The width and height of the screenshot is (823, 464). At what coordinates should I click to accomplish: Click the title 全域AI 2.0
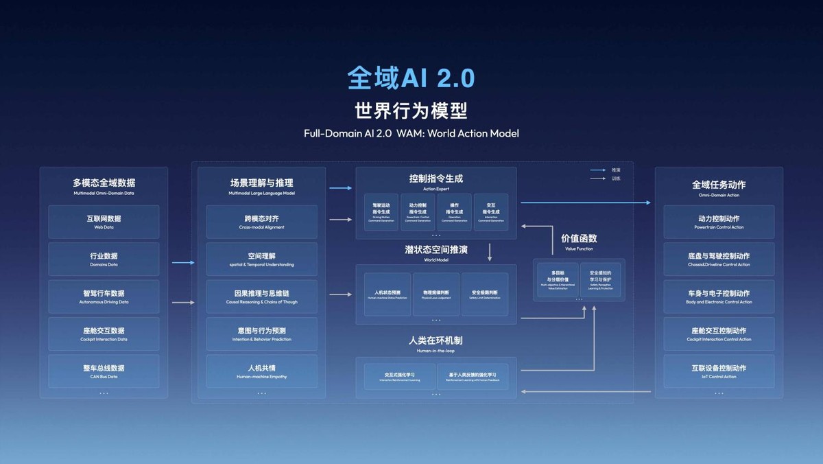[411, 78]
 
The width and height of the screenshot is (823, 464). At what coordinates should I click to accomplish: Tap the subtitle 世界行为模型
[411, 111]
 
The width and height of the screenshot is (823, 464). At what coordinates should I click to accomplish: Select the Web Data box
[104, 222]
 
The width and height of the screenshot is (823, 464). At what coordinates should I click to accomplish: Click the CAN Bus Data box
[104, 371]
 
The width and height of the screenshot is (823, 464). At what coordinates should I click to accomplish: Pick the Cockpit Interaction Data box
[104, 334]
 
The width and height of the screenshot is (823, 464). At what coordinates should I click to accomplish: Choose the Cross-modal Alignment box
[261, 222]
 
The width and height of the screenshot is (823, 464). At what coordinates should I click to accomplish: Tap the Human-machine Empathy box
[261, 371]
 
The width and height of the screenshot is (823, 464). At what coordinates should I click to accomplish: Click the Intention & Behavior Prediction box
[261, 334]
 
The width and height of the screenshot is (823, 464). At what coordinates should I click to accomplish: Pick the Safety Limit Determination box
[484, 294]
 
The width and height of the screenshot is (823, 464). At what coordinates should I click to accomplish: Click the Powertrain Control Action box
[718, 222]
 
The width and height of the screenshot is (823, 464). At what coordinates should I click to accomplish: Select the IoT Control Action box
[718, 371]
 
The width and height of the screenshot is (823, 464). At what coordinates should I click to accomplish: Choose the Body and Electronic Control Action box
[718, 297]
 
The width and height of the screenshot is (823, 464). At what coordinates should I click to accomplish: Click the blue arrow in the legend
[597, 170]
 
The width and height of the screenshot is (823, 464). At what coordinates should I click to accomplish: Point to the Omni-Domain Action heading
[718, 188]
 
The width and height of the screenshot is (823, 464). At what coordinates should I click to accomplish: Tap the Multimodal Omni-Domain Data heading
[104, 186]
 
